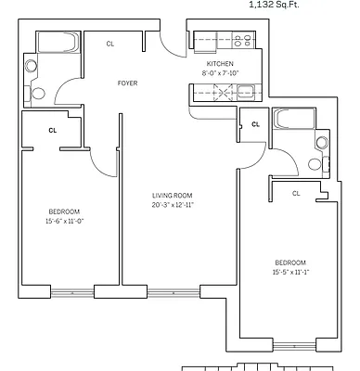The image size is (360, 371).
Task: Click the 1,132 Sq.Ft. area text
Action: (274, 4)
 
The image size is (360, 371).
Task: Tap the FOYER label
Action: (127, 83)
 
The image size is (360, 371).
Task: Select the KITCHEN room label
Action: (219, 63)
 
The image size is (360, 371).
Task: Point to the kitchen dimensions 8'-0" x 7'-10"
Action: (219, 73)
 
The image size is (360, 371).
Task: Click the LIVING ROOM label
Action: (173, 195)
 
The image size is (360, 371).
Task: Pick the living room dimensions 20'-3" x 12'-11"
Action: (173, 205)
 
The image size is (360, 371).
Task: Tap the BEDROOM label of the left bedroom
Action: (63, 211)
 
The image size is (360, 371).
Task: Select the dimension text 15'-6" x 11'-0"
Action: (63, 222)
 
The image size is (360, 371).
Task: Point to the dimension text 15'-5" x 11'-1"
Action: (290, 273)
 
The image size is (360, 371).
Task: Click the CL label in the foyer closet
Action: (110, 44)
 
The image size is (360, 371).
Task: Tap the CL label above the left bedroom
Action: (52, 131)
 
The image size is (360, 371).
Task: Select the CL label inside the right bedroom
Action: (296, 193)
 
